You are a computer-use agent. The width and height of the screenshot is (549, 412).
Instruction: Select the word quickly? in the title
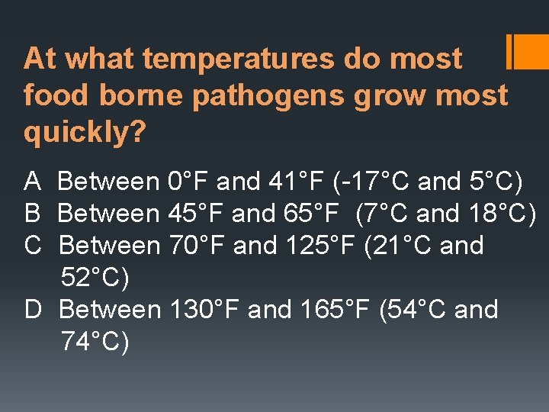pos(85,133)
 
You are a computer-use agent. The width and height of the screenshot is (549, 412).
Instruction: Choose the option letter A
pos(33,182)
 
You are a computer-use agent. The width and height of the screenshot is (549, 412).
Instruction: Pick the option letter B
pos(33,214)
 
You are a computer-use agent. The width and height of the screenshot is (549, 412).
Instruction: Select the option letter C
pos(34,246)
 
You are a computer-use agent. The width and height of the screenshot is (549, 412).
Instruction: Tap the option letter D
pos(34,310)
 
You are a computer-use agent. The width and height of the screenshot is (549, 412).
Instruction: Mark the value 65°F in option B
pos(313,214)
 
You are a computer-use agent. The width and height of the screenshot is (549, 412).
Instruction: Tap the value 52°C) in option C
pos(95,278)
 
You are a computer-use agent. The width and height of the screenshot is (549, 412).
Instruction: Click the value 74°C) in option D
pos(95,342)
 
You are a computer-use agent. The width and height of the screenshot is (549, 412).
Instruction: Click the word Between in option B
pos(108,214)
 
